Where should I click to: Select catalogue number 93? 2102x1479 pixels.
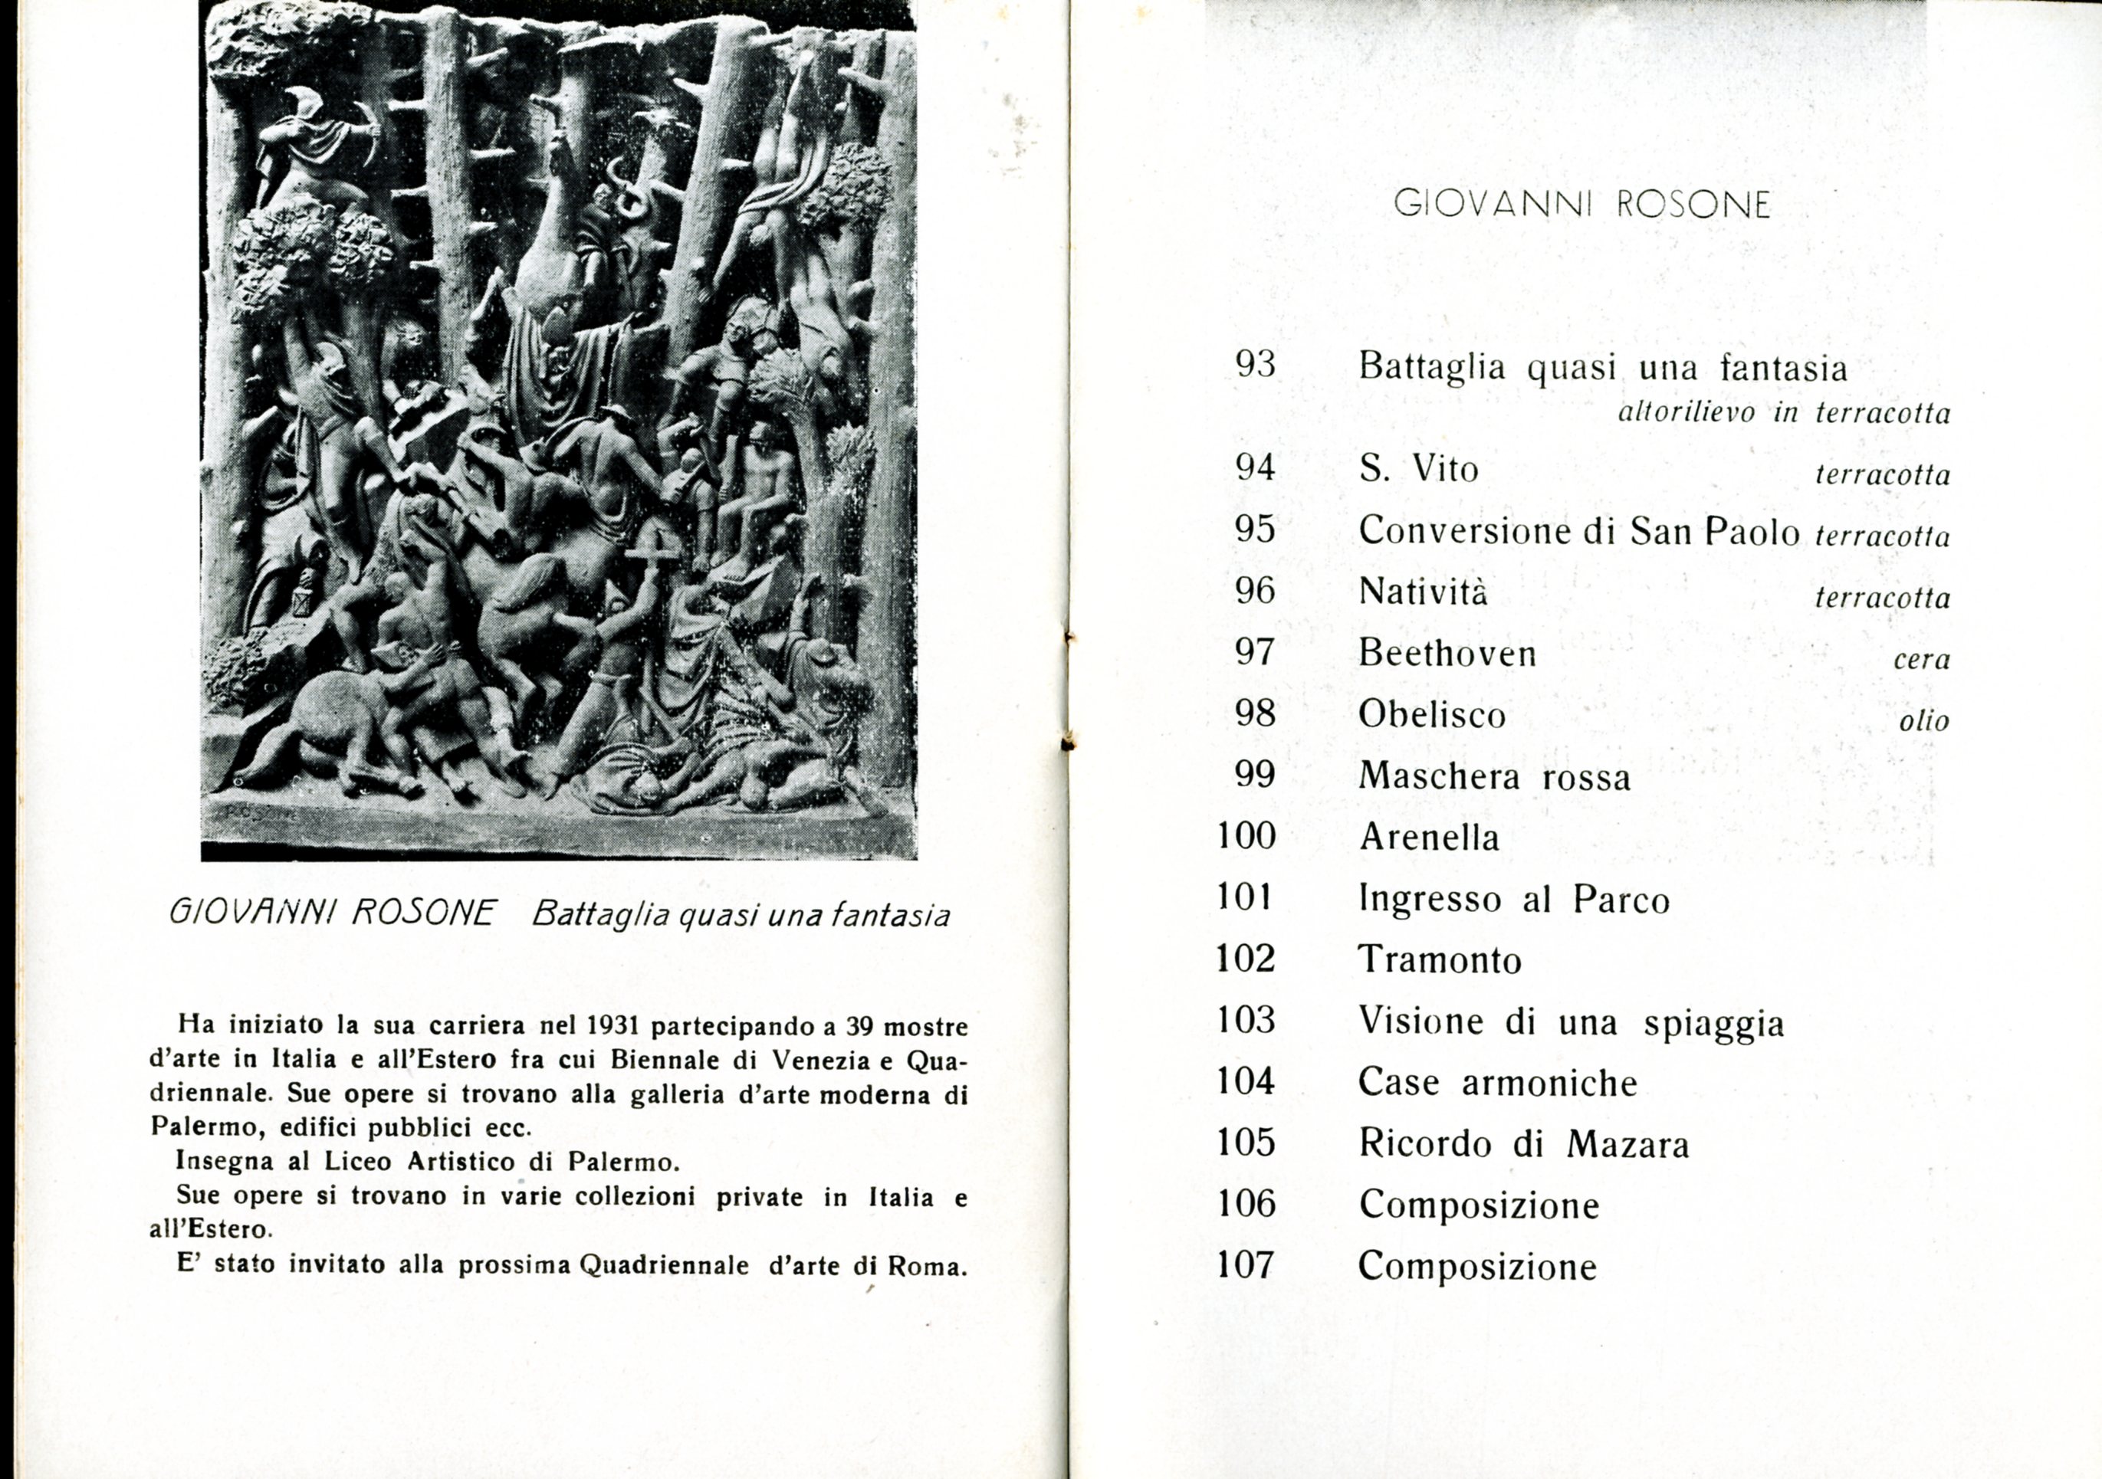tap(1255, 366)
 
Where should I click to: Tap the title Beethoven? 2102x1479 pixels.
tap(1447, 654)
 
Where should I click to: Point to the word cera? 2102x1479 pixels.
tap(1922, 660)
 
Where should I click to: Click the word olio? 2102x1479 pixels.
tap(1923, 721)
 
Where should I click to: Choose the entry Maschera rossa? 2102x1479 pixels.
tap(1494, 777)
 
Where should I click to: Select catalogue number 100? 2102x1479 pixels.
tap(1246, 837)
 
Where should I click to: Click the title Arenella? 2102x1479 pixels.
tap(1429, 838)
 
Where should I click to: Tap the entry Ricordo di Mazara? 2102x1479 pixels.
tap(1523, 1144)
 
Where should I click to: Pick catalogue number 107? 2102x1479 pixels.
tap(1245, 1266)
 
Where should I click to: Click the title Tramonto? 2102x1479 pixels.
tap(1439, 960)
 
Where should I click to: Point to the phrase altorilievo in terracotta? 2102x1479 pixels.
tap(1783, 414)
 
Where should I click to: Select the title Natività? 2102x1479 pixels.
tap(1423, 592)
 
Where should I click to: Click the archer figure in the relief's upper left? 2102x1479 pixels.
tap(311, 146)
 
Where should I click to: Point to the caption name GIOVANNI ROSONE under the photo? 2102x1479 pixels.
tap(333, 913)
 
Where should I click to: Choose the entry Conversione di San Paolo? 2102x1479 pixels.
tap(1579, 532)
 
